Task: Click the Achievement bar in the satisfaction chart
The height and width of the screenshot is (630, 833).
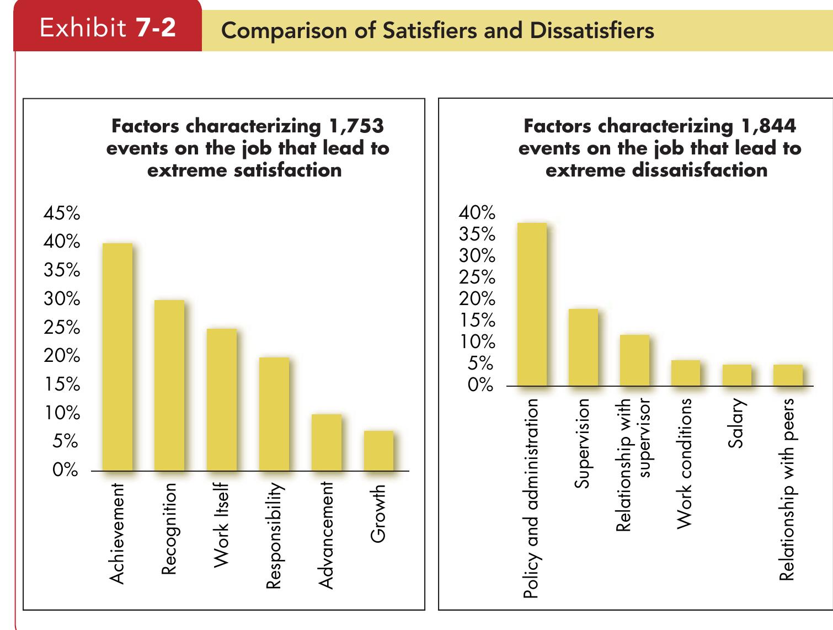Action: click(118, 357)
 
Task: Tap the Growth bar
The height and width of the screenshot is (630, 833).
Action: click(378, 451)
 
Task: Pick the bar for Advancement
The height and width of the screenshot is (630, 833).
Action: click(326, 442)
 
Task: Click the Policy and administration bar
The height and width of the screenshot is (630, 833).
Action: click(532, 304)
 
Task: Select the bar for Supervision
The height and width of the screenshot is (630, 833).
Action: click(583, 347)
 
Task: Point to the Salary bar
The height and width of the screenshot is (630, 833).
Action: click(737, 375)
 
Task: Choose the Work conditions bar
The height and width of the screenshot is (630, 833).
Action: click(686, 373)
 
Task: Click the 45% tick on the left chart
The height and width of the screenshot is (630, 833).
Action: click(62, 213)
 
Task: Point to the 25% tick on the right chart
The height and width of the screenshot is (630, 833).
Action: click(477, 277)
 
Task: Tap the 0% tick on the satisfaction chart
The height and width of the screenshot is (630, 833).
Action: click(65, 471)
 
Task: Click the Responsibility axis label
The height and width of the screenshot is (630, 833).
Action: click(274, 535)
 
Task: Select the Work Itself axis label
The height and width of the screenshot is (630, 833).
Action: click(221, 525)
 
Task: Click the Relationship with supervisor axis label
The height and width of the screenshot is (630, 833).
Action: click(633, 465)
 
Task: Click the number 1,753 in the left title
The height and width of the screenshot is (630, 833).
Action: click(356, 126)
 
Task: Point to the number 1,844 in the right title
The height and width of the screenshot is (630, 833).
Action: click(768, 126)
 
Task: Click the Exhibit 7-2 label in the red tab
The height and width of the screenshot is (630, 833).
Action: click(108, 28)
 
